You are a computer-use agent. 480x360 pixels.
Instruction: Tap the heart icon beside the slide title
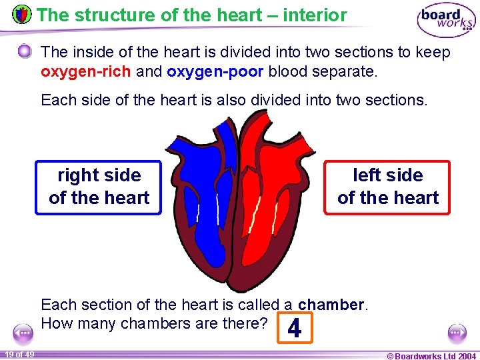pos(22,14)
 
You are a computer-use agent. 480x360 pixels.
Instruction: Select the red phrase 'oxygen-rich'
pos(85,71)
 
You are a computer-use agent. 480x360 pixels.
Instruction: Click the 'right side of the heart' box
pos(99,187)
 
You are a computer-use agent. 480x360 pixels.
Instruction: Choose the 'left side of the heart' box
pos(387,187)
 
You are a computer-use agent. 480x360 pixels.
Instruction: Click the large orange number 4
pos(293,329)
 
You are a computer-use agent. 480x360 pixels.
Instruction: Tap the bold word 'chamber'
pos(331,305)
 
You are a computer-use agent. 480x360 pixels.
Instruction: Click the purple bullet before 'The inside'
pos(25,52)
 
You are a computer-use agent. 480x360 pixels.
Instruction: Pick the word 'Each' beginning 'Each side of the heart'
pos(57,100)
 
